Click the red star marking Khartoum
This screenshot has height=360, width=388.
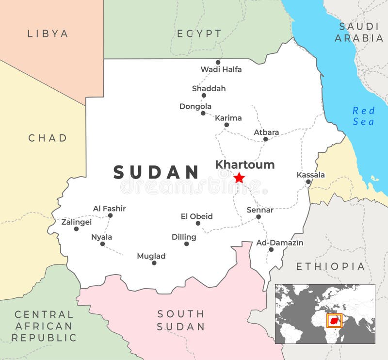tap(239, 178)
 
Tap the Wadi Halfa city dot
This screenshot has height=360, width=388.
tap(218, 62)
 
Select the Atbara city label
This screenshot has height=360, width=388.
tap(266, 132)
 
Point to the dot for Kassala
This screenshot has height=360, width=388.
tap(308, 182)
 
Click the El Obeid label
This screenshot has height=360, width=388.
tap(196, 216)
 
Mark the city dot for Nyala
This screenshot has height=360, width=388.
tap(102, 244)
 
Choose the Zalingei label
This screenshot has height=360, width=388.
tap(76, 222)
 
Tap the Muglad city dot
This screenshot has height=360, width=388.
tap(154, 263)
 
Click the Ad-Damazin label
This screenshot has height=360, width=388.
tap(280, 243)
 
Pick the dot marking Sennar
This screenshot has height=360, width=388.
tap(259, 216)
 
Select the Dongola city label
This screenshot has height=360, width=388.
tap(195, 106)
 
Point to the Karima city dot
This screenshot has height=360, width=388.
tap(226, 125)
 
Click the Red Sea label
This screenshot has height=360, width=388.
tap(364, 116)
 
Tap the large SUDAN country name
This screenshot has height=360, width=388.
tap(156, 172)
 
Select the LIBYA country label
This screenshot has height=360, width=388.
tap(48, 33)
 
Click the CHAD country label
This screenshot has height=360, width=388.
tap(48, 138)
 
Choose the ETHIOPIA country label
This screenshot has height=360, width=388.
tap(330, 266)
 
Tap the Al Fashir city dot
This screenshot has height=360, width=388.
tap(110, 215)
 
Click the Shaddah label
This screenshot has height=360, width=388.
tap(209, 89)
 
